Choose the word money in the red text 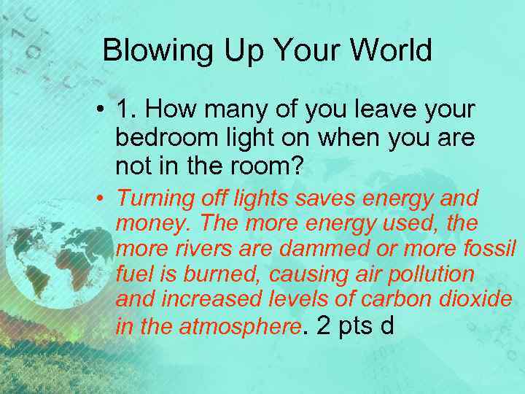pyautogui.click(x=146, y=222)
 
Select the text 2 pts pyautogui.click(x=345, y=325)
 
